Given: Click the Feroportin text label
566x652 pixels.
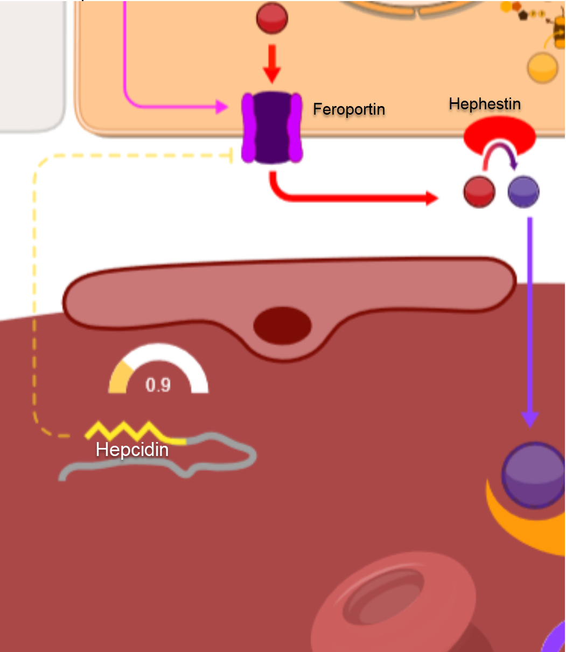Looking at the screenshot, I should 349,109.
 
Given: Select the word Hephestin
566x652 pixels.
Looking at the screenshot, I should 485,103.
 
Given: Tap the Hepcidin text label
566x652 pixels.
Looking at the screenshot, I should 132,450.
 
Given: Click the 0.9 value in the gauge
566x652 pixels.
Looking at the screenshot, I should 158,385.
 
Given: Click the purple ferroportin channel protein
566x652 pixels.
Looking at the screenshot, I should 272,128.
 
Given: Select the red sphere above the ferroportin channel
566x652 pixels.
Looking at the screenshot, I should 272,18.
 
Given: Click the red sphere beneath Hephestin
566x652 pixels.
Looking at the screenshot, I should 479,192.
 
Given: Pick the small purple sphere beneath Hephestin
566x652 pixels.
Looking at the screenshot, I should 523,192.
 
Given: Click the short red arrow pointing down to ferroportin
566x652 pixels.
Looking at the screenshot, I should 272,65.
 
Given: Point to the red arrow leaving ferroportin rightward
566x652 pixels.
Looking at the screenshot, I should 350,198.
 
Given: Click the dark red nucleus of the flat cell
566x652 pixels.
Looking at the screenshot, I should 283,325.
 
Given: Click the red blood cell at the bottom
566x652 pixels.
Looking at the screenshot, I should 393,598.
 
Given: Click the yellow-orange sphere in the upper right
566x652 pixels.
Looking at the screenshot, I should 542,68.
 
